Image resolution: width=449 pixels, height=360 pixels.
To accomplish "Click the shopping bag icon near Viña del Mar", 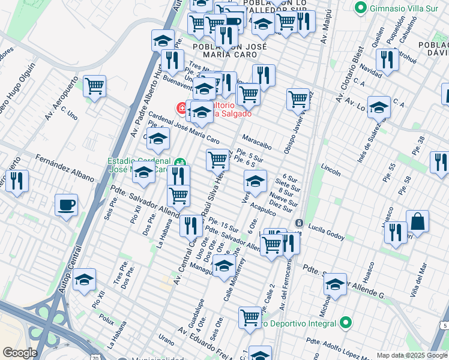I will click(x=418, y=221).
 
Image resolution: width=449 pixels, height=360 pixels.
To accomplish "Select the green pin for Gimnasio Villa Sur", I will click(x=361, y=8).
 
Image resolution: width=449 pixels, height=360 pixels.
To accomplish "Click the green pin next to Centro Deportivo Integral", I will click(x=345, y=323).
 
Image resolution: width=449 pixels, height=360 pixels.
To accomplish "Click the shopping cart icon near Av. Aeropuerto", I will click(x=95, y=86).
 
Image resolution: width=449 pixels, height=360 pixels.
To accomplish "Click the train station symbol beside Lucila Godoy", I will click(x=298, y=223).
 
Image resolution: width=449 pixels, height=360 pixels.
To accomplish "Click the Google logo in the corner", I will click(x=20, y=353).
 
